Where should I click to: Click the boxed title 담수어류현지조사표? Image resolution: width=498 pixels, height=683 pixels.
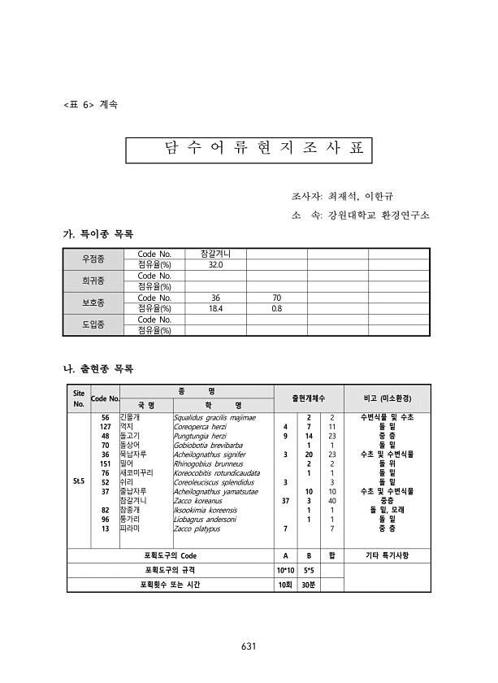(248, 149)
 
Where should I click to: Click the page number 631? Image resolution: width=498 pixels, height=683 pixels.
(249, 646)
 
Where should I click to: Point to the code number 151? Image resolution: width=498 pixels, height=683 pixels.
(105, 463)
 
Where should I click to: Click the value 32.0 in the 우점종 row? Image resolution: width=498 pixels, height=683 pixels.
(215, 265)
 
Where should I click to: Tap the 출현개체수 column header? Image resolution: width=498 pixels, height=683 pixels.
(309, 398)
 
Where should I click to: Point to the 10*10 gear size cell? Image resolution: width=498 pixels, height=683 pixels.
(285, 570)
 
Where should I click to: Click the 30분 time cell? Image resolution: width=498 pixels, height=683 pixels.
(310, 585)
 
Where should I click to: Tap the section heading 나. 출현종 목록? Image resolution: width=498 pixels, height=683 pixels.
(98, 369)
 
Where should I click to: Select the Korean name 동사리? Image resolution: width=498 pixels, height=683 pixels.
(130, 445)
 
